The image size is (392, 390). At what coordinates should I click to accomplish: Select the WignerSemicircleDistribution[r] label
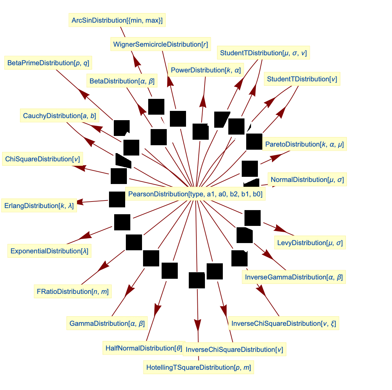[161, 44]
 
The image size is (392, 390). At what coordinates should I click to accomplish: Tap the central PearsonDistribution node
[195, 194]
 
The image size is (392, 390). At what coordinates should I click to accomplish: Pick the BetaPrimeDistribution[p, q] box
[48, 63]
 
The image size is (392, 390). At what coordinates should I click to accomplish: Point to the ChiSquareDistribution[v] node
[42, 159]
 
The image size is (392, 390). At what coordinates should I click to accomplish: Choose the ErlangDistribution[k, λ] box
[39, 206]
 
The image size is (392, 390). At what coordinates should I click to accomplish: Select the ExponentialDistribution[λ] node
[50, 251]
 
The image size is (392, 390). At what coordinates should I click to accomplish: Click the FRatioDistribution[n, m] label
[73, 291]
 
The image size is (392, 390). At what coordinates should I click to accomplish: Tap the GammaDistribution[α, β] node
[107, 323]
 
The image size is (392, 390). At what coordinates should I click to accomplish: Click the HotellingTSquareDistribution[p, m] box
[198, 367]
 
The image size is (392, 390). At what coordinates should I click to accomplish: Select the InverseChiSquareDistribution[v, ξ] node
[284, 323]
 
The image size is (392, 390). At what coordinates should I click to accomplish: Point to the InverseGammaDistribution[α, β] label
[294, 277]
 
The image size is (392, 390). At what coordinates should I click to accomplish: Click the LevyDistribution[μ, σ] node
[310, 243]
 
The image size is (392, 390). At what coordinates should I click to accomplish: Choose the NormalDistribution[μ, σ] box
[307, 180]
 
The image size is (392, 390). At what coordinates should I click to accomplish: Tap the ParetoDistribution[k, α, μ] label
[304, 144]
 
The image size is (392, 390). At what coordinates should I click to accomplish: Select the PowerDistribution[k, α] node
[206, 70]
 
